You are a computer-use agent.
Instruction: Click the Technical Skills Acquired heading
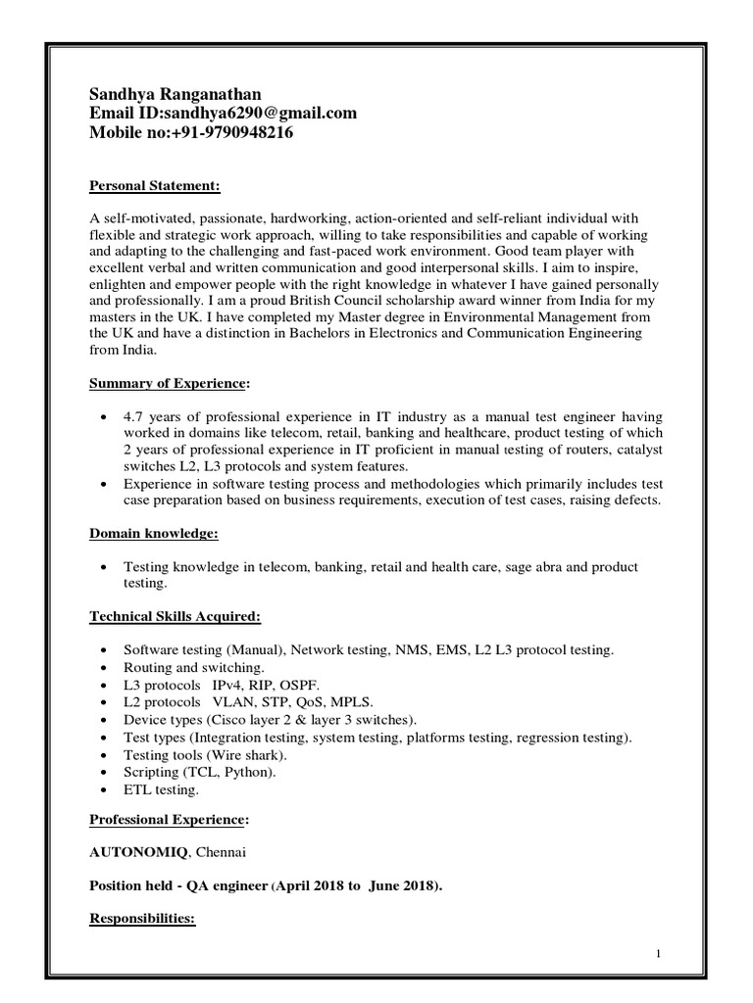176,616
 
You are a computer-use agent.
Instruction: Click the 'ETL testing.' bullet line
161,789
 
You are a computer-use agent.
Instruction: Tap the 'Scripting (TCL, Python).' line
200,772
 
